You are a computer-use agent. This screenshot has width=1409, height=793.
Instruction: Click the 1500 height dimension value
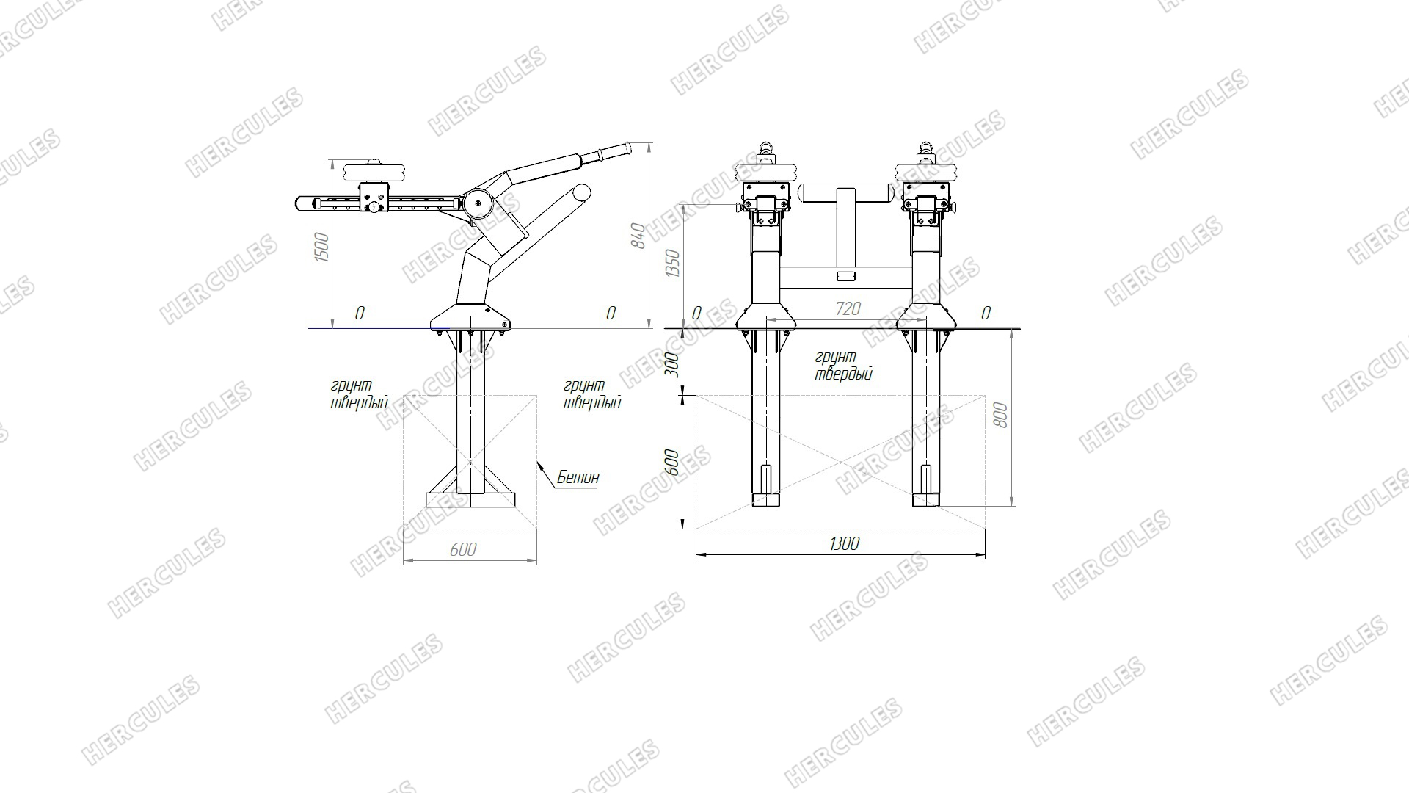click(321, 247)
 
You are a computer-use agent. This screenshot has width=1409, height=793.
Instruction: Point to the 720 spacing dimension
click(848, 309)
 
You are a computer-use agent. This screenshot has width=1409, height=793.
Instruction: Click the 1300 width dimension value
click(844, 544)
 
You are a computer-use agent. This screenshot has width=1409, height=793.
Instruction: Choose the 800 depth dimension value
click(1000, 416)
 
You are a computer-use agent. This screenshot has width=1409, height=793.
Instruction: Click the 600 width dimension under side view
click(463, 549)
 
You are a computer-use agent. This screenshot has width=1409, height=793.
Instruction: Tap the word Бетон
click(578, 477)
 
